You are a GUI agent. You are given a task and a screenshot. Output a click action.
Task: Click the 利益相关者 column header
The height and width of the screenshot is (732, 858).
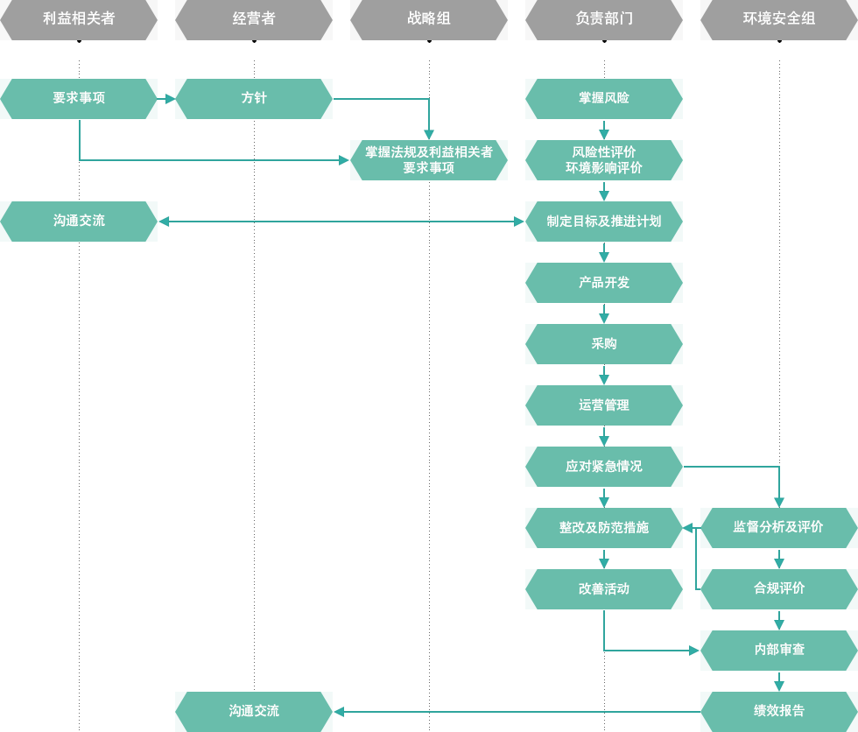(x=79, y=19)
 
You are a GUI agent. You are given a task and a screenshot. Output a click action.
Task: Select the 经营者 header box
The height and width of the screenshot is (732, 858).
(x=254, y=19)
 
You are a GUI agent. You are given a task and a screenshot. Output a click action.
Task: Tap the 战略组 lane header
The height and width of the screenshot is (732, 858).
(x=429, y=19)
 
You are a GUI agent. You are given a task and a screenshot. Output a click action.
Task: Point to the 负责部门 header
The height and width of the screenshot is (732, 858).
(x=604, y=19)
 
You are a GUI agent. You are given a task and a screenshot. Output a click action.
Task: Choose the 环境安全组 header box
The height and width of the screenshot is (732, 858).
(x=779, y=19)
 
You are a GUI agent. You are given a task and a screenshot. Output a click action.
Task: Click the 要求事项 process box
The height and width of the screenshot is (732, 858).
(x=79, y=98)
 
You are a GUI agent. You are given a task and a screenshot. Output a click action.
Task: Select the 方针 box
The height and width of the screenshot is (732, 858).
(x=254, y=98)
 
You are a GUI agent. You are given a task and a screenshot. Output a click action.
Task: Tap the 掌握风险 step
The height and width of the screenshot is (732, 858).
(x=604, y=98)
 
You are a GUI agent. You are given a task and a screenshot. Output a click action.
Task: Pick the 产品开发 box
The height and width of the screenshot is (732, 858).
(x=604, y=282)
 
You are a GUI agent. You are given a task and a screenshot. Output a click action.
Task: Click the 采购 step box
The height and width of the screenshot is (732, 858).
(x=604, y=343)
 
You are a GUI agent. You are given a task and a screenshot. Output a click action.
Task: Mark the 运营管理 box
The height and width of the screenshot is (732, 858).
(x=604, y=405)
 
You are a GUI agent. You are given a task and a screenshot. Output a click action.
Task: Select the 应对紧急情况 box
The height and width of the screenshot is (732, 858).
(x=604, y=466)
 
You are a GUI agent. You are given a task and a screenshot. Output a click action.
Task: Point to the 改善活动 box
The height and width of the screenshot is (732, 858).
(x=604, y=588)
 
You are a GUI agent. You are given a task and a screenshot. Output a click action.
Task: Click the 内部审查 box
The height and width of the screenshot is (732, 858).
(x=779, y=650)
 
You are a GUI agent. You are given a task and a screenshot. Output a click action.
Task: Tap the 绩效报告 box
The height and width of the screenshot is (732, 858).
(x=779, y=711)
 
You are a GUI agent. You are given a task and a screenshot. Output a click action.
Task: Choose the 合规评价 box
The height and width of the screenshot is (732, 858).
(x=779, y=588)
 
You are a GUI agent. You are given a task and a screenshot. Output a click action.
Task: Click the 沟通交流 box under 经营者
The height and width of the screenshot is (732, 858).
(x=254, y=711)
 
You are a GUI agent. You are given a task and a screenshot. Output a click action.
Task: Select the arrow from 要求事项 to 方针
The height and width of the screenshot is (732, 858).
(x=166, y=99)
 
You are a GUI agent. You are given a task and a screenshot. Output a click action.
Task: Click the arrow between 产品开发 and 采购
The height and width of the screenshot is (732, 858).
(x=604, y=313)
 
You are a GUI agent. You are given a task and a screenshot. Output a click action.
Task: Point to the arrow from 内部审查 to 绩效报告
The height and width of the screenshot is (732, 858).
(x=779, y=681)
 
